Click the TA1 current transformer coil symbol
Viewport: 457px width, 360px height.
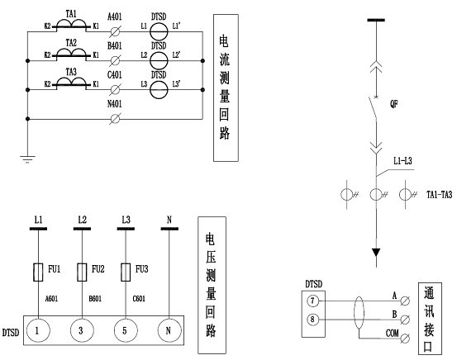pyautogui.click(x=71, y=23)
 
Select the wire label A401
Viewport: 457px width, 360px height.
pyautogui.click(x=115, y=17)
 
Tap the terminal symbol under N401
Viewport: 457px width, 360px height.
pyautogui.click(x=115, y=119)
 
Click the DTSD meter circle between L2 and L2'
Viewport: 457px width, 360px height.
pyautogui.click(x=159, y=60)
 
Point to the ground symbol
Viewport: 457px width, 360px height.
pyautogui.click(x=27, y=159)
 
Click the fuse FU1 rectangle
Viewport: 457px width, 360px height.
pyautogui.click(x=38, y=272)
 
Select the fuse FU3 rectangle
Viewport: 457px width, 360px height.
pyautogui.click(x=126, y=272)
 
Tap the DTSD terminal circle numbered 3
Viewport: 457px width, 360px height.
pyautogui.click(x=82, y=330)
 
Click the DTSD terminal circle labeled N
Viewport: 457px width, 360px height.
pyautogui.click(x=169, y=330)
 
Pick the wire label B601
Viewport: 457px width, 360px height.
pyautogui.click(x=95, y=299)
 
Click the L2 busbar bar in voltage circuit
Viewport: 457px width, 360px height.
pyautogui.click(x=82, y=229)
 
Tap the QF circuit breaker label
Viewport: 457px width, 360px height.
pyautogui.click(x=393, y=104)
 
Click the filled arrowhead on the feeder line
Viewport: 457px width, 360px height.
pyautogui.click(x=376, y=252)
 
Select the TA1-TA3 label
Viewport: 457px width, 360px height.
pyautogui.click(x=439, y=195)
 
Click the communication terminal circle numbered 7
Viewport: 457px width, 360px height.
pyautogui.click(x=312, y=301)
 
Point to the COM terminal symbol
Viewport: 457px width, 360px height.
pyautogui.click(x=405, y=339)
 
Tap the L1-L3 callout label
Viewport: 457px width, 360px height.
pyautogui.click(x=402, y=161)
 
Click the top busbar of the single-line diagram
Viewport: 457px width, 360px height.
pyautogui.click(x=376, y=20)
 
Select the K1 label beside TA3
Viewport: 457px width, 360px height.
pyautogui.click(x=96, y=84)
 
